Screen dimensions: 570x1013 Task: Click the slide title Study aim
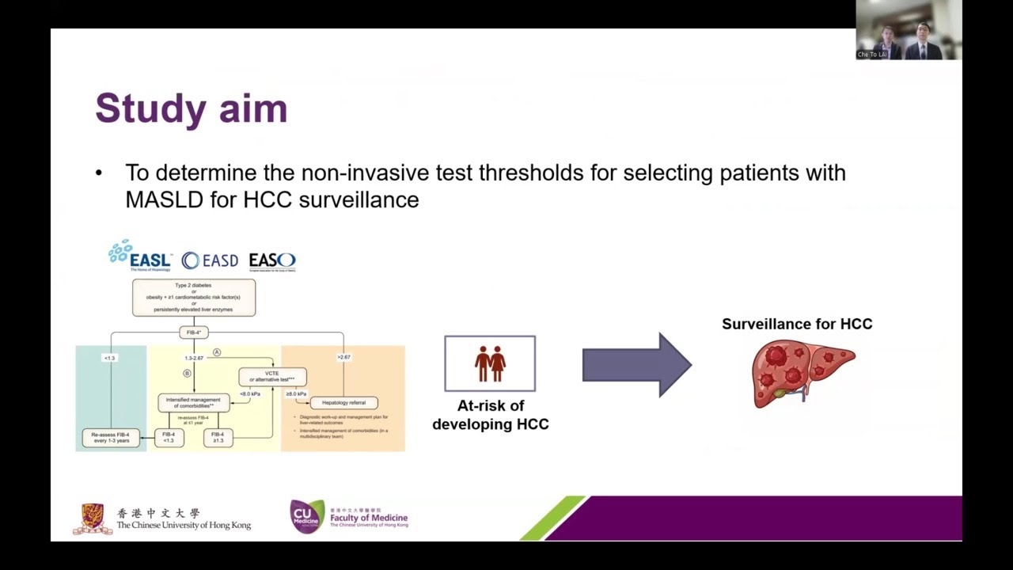pyautogui.click(x=191, y=108)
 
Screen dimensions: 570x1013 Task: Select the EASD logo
pyautogui.click(x=210, y=260)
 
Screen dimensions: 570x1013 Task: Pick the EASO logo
pyautogui.click(x=272, y=260)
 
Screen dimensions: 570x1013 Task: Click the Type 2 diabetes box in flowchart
pyautogui.click(x=194, y=297)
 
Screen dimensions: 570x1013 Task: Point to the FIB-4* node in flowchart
pyautogui.click(x=194, y=332)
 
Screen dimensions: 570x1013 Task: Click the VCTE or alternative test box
pyautogui.click(x=272, y=376)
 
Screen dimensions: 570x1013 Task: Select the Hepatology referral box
pyautogui.click(x=343, y=403)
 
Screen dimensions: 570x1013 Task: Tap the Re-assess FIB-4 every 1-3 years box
pyautogui.click(x=111, y=437)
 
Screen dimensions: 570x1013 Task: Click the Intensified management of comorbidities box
pyautogui.click(x=194, y=402)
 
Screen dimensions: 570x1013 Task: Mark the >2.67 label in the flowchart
pyautogui.click(x=343, y=357)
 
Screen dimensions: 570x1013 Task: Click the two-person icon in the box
pyautogui.click(x=490, y=363)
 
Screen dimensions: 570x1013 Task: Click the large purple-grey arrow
pyautogui.click(x=637, y=364)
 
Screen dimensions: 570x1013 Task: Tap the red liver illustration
pyautogui.click(x=802, y=372)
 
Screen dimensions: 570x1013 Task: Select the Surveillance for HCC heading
pyautogui.click(x=797, y=324)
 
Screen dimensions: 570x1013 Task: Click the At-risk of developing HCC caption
pyautogui.click(x=491, y=415)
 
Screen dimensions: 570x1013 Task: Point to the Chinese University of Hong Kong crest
pyautogui.click(x=93, y=519)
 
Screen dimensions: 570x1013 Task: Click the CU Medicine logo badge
pyautogui.click(x=307, y=516)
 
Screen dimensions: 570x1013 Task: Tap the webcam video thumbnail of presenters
pyautogui.click(x=909, y=30)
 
